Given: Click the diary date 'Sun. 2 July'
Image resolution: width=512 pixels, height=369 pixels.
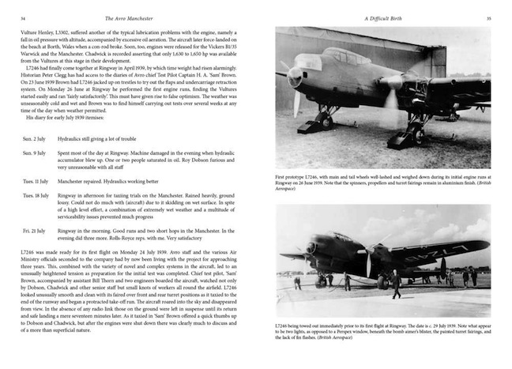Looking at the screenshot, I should tap(36, 137).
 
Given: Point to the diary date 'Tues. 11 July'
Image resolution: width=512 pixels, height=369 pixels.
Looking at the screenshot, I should tap(39, 181).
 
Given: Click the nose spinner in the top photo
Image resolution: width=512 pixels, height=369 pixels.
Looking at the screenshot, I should tap(296, 78).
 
